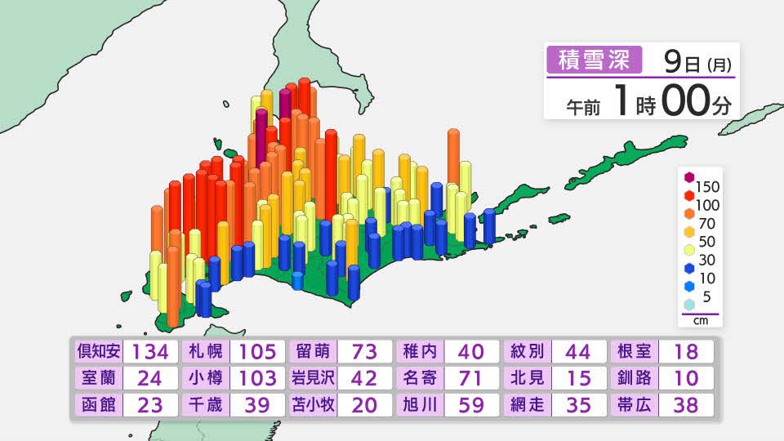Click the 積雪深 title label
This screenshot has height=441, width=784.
593,60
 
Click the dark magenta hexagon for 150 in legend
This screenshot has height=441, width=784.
689,178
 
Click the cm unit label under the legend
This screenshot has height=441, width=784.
700,321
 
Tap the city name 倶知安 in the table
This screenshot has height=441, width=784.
98,352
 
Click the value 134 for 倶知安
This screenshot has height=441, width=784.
150,352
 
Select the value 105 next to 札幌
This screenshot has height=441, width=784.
258,352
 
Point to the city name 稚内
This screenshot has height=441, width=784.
420,352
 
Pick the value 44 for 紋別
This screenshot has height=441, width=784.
581,352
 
